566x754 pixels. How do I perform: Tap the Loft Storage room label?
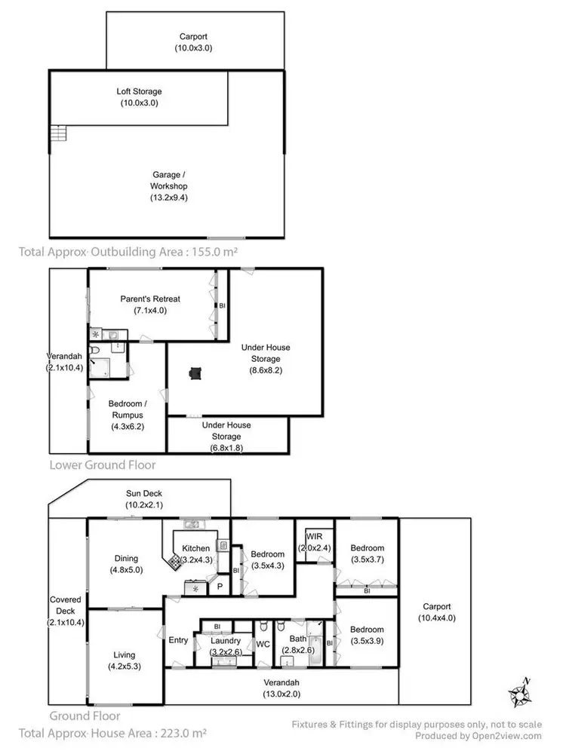(x=138, y=91)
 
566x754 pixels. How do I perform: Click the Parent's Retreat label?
(x=150, y=299)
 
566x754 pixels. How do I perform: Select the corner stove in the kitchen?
(x=174, y=560)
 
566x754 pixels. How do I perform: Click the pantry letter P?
(x=220, y=584)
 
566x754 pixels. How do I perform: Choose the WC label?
(x=263, y=644)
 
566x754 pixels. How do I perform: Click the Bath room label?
(x=299, y=639)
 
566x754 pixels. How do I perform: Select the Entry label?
(x=178, y=640)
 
